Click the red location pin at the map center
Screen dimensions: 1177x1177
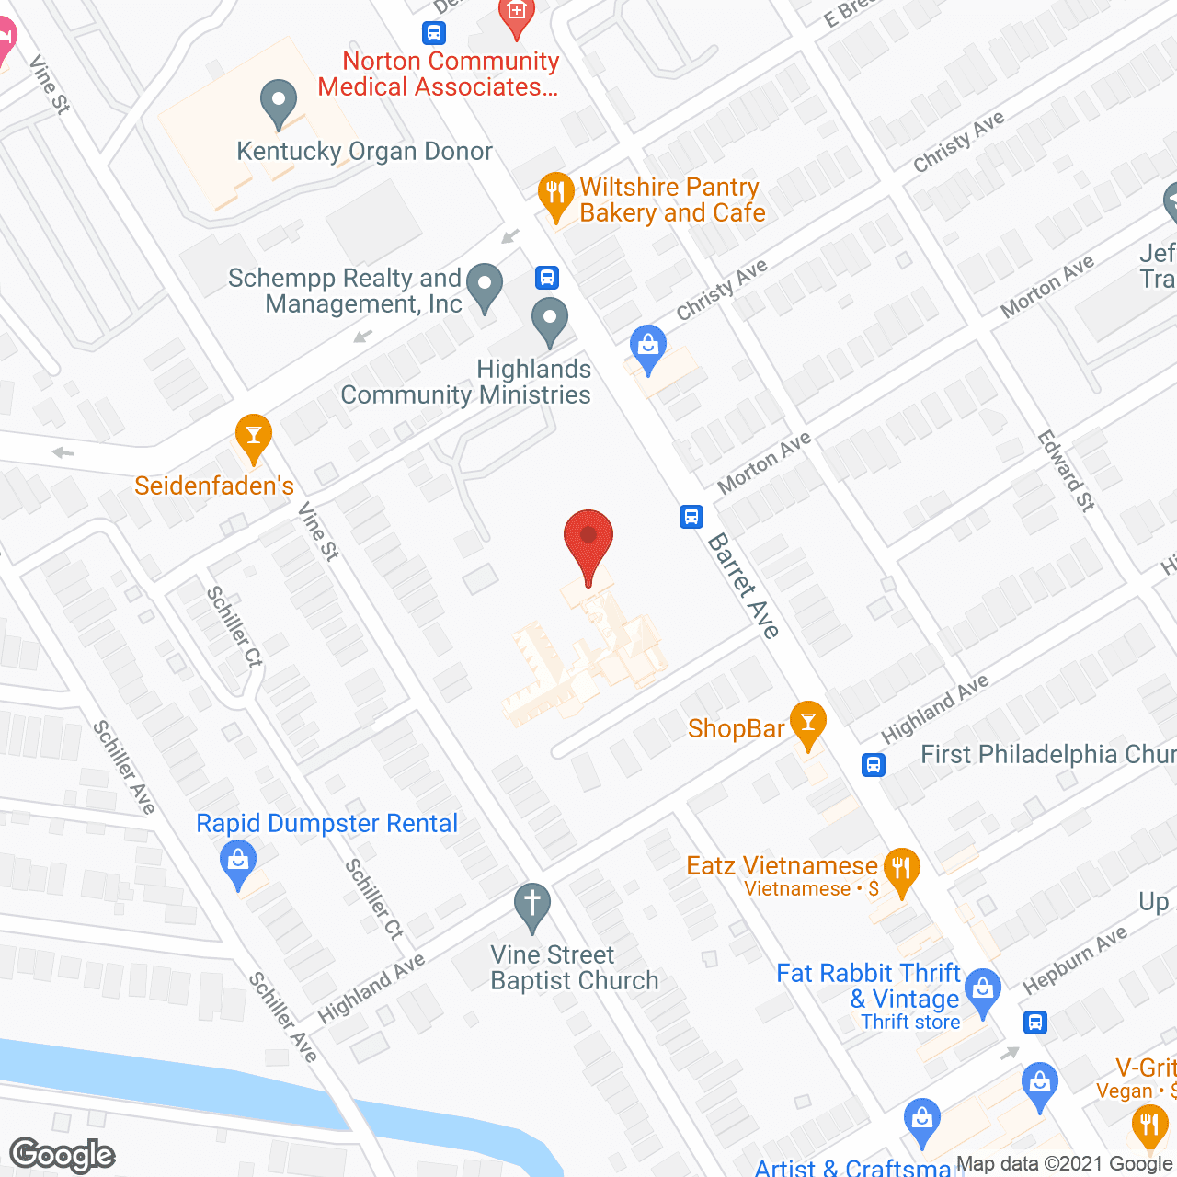(588, 543)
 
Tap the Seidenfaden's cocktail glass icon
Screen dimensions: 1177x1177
(253, 437)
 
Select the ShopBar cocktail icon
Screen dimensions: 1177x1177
(808, 724)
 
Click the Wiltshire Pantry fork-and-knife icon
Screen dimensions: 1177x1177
(554, 194)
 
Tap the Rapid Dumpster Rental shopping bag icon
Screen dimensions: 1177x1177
(238, 865)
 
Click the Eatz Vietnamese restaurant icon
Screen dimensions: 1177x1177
(901, 870)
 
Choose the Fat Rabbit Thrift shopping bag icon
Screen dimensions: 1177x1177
(983, 991)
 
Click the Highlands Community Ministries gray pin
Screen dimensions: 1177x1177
(550, 321)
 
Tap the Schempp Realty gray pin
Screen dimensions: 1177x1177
(484, 286)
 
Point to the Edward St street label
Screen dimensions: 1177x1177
(1067, 470)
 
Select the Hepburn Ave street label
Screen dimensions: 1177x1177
(1074, 960)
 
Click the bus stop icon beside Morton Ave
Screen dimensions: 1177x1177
(691, 517)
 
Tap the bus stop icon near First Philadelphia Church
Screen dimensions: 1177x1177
(873, 764)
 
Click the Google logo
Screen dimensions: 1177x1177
(63, 1155)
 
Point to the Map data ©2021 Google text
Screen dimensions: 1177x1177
(1065, 1164)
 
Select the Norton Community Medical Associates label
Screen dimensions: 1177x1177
(439, 74)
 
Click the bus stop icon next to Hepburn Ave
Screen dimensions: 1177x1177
(1035, 1022)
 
